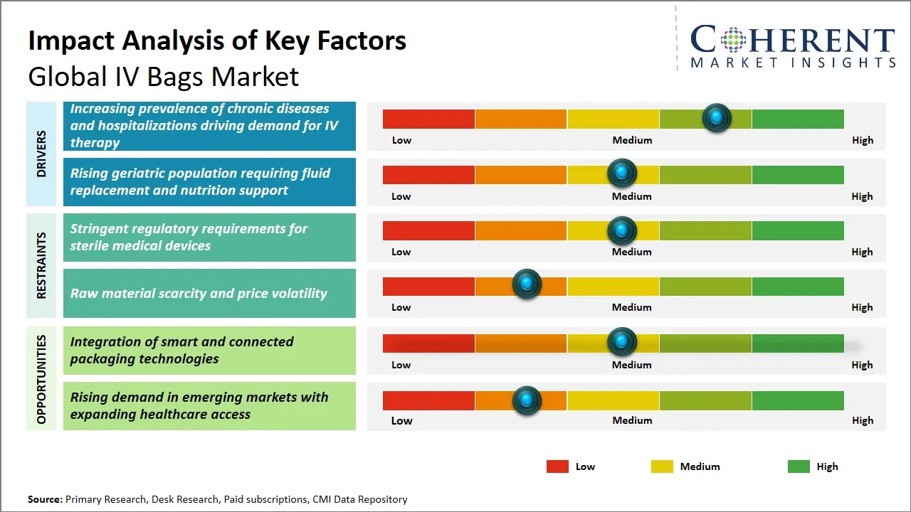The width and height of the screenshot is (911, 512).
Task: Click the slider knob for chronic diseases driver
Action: [x=717, y=117]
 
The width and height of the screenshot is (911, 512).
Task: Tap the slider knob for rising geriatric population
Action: [x=622, y=173]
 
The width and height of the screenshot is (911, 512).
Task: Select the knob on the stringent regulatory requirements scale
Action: [x=622, y=230]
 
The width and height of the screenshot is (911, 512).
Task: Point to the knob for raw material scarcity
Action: [x=527, y=284]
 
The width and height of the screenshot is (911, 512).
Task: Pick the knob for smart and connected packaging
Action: [x=622, y=342]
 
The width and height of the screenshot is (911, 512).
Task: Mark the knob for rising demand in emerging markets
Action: [x=527, y=400]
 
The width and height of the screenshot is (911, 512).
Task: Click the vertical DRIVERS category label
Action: [x=41, y=154]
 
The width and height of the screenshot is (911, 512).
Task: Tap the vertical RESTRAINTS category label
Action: [x=41, y=265]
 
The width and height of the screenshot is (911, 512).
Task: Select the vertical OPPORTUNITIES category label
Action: [x=41, y=379]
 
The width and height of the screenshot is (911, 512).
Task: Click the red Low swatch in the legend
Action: [x=557, y=466]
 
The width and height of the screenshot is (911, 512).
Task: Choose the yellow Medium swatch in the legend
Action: [x=662, y=466]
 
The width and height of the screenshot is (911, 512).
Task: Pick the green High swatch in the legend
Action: [x=799, y=466]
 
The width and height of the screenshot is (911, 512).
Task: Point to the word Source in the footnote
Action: [x=45, y=499]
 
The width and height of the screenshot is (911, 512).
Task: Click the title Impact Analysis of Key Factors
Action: [x=217, y=41]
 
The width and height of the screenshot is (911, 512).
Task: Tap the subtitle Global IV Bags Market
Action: [x=164, y=76]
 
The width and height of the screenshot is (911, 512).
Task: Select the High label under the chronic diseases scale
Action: [x=863, y=140]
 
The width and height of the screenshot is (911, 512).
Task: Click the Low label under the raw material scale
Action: [x=401, y=307]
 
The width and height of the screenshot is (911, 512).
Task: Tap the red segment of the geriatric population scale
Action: [x=428, y=174]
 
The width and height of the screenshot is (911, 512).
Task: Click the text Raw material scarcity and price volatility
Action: [x=199, y=293]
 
